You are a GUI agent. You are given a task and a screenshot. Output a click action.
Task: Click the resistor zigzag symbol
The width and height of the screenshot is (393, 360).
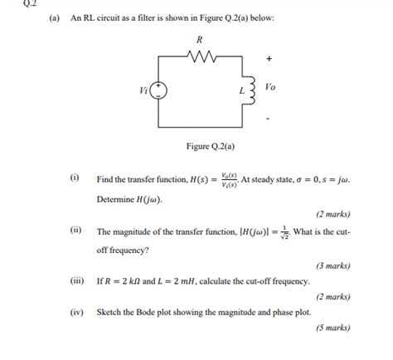point(201,57)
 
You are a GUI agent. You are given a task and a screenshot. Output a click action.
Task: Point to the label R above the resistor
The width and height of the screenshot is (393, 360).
point(200,39)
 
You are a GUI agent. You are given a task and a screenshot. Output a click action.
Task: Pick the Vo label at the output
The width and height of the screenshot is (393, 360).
point(270,85)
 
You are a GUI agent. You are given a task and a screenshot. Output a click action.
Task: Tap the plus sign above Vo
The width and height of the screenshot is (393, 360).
point(269,59)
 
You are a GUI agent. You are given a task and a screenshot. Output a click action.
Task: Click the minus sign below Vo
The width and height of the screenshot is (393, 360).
point(268,119)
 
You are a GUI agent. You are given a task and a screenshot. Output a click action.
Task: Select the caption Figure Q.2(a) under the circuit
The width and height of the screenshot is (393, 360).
point(211,148)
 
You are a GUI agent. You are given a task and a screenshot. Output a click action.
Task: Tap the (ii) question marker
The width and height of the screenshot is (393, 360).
point(75,231)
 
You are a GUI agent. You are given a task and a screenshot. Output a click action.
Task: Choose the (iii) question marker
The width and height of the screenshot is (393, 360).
point(75,281)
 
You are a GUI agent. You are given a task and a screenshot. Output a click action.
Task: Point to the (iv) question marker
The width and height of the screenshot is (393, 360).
point(75,313)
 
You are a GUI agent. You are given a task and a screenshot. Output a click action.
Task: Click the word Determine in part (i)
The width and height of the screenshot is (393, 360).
point(116,199)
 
